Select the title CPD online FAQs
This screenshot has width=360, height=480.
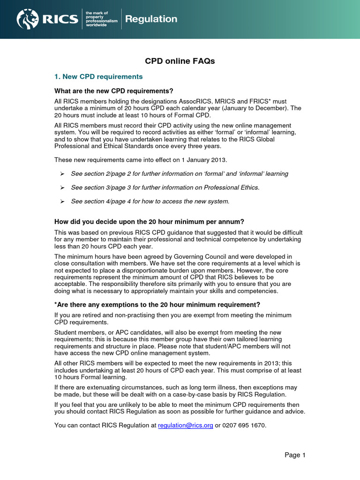click(180, 61)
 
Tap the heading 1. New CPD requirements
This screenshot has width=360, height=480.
click(98, 76)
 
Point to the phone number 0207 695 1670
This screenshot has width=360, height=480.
click(247, 425)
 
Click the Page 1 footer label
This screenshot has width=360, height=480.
click(295, 455)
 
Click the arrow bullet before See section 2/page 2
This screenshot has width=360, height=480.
click(62, 174)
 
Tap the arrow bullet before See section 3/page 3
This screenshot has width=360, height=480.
click(62, 187)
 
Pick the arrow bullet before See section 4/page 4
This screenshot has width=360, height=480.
click(62, 202)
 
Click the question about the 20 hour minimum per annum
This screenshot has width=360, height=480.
click(149, 221)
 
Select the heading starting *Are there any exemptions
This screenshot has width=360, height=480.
click(157, 305)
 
